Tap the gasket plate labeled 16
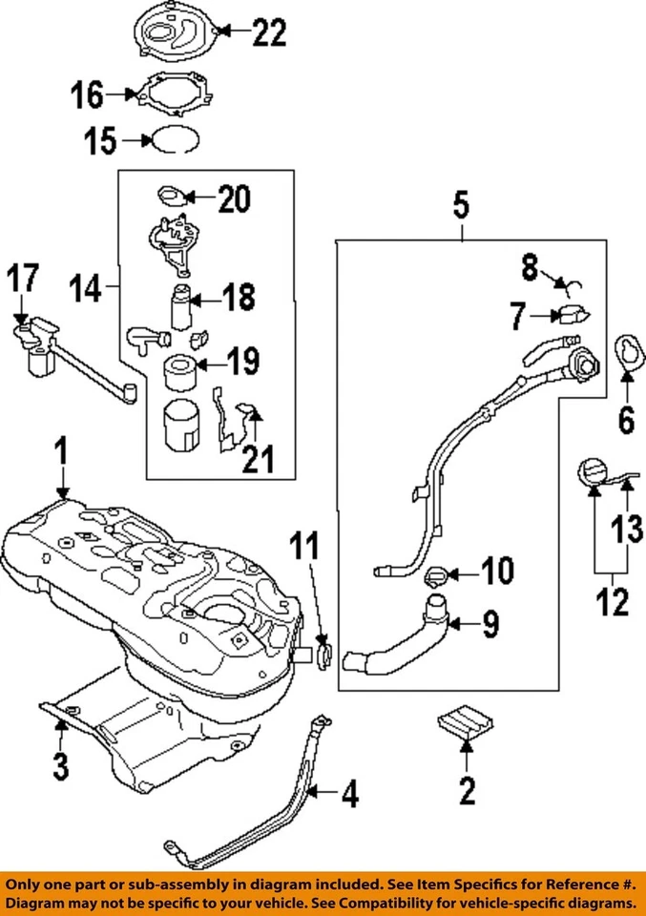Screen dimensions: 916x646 (173, 95)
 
